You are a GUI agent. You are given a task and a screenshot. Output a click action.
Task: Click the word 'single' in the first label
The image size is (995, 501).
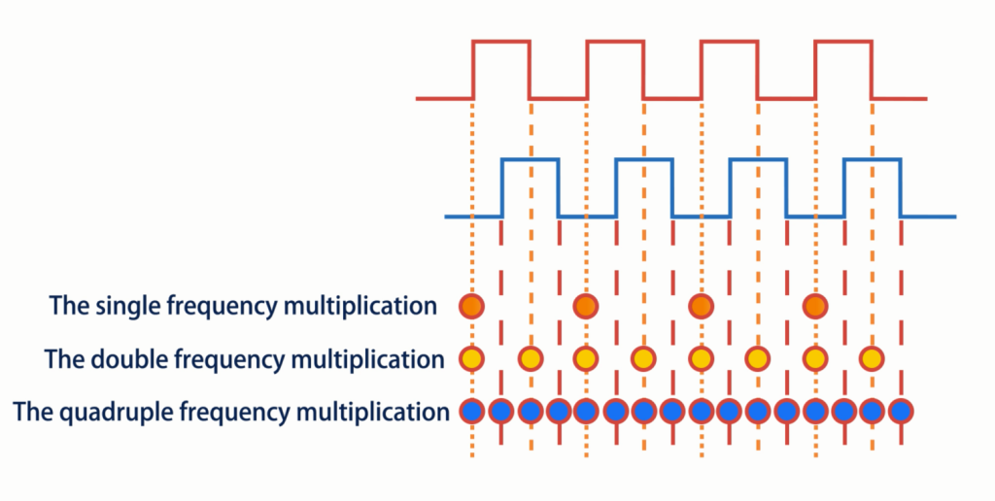(x=129, y=306)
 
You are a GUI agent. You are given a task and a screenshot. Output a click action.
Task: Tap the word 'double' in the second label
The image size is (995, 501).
(x=129, y=359)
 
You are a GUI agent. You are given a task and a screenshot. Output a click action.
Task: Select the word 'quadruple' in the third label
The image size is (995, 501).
(x=117, y=413)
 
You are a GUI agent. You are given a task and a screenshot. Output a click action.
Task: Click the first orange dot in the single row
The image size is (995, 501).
(x=471, y=306)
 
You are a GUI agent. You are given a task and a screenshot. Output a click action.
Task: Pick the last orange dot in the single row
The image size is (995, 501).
(x=815, y=306)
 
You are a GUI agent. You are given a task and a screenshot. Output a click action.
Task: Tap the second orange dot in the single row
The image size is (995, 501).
(x=585, y=306)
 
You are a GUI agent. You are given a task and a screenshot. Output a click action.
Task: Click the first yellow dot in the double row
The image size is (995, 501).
(x=471, y=359)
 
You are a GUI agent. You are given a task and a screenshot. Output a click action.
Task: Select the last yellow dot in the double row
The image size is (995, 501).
(x=872, y=359)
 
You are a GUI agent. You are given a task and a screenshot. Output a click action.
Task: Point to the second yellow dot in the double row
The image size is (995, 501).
(x=530, y=359)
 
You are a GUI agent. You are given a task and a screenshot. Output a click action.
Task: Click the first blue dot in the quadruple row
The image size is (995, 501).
(x=471, y=412)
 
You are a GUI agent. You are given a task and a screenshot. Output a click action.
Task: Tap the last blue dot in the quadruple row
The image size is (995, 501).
(x=901, y=412)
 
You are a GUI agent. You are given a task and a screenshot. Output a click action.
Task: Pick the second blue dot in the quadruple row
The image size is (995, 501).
(x=500, y=412)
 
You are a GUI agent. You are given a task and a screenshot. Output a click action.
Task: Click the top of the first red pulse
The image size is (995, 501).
(x=500, y=42)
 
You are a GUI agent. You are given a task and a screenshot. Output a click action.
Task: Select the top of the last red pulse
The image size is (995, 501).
(x=843, y=42)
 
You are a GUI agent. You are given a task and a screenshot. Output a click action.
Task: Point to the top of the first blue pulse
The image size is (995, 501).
(x=530, y=159)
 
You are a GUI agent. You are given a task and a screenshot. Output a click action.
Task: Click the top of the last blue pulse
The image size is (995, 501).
(x=873, y=159)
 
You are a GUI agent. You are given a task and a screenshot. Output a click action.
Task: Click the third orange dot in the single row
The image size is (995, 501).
(x=701, y=306)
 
